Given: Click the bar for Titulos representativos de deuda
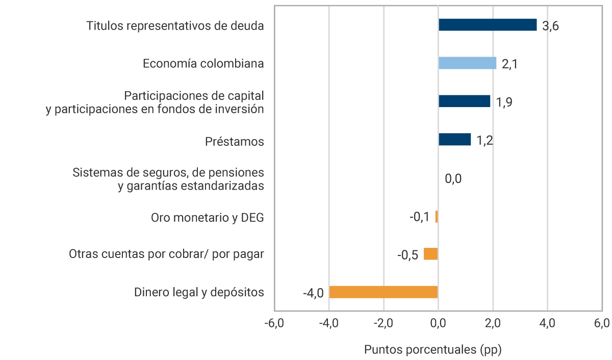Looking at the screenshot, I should click(x=488, y=25).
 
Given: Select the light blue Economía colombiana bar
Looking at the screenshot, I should click(x=467, y=63).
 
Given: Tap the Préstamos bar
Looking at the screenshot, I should click(x=454, y=139).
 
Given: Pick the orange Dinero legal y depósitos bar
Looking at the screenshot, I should click(x=384, y=292).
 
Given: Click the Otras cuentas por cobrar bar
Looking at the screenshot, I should click(x=431, y=254).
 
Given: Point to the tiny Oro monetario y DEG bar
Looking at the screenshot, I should click(x=437, y=217).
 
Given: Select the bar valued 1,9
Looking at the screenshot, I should click(x=464, y=101).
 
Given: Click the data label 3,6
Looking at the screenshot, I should click(x=551, y=27).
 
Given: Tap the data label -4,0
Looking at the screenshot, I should click(x=313, y=294).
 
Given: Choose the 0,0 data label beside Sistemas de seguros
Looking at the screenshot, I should click(x=453, y=179).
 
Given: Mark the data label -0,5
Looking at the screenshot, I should click(x=407, y=255).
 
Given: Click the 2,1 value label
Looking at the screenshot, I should click(x=510, y=65).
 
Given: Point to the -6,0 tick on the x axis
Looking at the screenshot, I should click(x=274, y=324).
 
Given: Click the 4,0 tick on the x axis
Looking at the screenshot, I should click(x=547, y=324).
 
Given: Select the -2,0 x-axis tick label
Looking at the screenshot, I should click(x=383, y=324).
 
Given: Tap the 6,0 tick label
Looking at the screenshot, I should click(x=602, y=324).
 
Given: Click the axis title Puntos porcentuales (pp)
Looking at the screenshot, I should click(x=433, y=350).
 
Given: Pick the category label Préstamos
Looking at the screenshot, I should click(x=235, y=141).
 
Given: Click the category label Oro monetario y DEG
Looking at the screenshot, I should click(x=208, y=218).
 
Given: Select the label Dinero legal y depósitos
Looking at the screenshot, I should click(x=199, y=293).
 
